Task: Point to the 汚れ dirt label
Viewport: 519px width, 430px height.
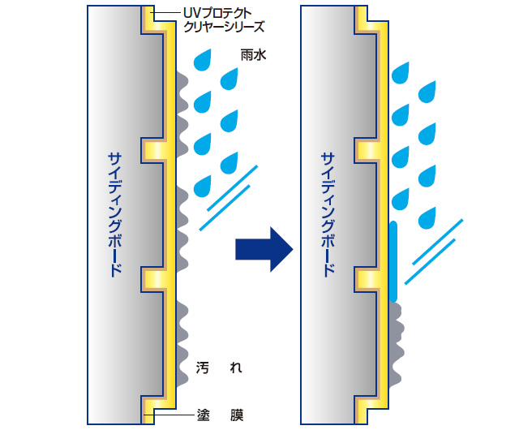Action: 219,368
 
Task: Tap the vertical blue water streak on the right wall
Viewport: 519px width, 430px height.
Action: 392,260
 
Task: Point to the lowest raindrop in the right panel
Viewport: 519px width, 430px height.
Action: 427,217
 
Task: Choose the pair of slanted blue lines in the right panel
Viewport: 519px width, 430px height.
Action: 439,251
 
